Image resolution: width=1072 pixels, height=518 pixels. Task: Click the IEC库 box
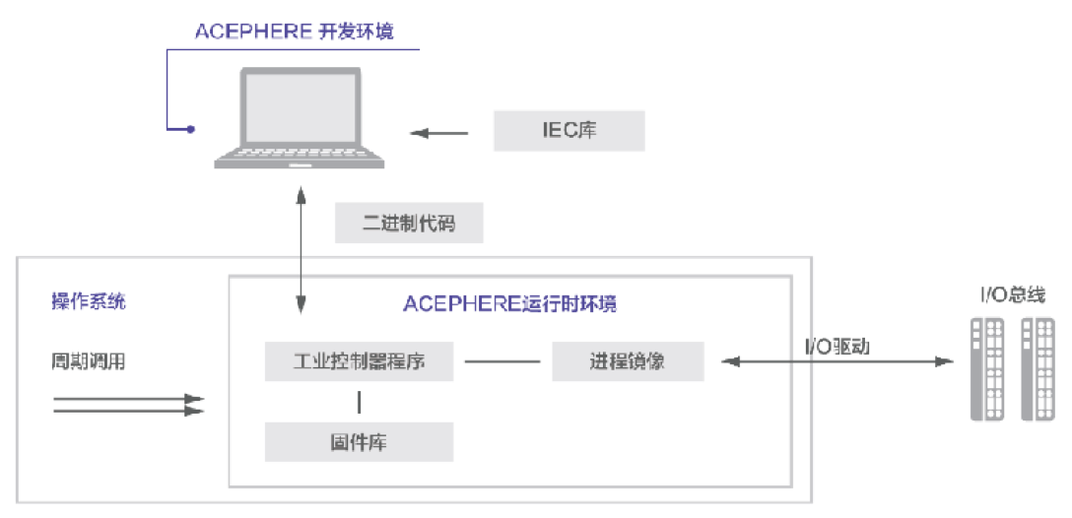[569, 131]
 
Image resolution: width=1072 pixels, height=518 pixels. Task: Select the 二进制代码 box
[408, 224]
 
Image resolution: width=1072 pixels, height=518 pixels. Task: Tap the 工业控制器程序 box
[359, 361]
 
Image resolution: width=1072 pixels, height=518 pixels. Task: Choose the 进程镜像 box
[628, 361]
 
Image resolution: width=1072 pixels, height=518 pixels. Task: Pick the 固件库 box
[359, 442]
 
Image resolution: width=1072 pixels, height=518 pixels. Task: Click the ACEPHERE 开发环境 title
[295, 32]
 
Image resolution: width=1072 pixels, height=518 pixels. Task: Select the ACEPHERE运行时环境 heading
[509, 303]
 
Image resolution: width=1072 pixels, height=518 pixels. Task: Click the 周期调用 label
[89, 361]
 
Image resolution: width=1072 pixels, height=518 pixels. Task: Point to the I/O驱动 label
[837, 347]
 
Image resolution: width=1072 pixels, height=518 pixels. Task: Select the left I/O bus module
[987, 368]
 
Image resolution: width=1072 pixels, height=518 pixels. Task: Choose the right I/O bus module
[1037, 368]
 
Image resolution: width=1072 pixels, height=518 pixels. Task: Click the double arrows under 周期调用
[128, 405]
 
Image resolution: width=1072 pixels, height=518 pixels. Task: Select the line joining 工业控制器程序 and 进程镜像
[502, 361]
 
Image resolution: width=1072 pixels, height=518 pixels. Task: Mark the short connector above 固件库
[359, 402]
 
